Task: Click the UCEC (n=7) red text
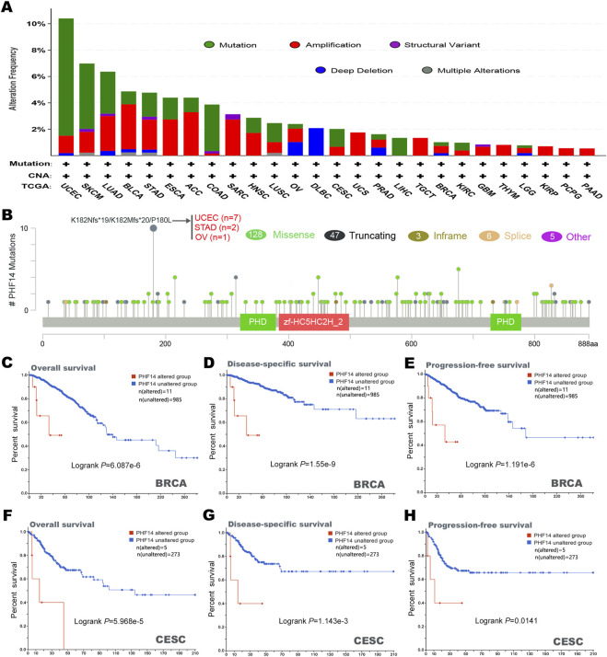coord(221,218)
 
